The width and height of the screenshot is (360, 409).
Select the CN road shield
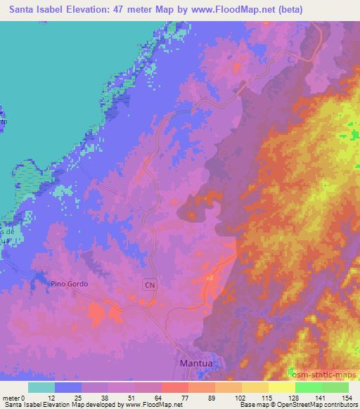[149, 285]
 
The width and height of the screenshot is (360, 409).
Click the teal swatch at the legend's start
[42, 387]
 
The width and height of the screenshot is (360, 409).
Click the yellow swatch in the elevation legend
[282, 387]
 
